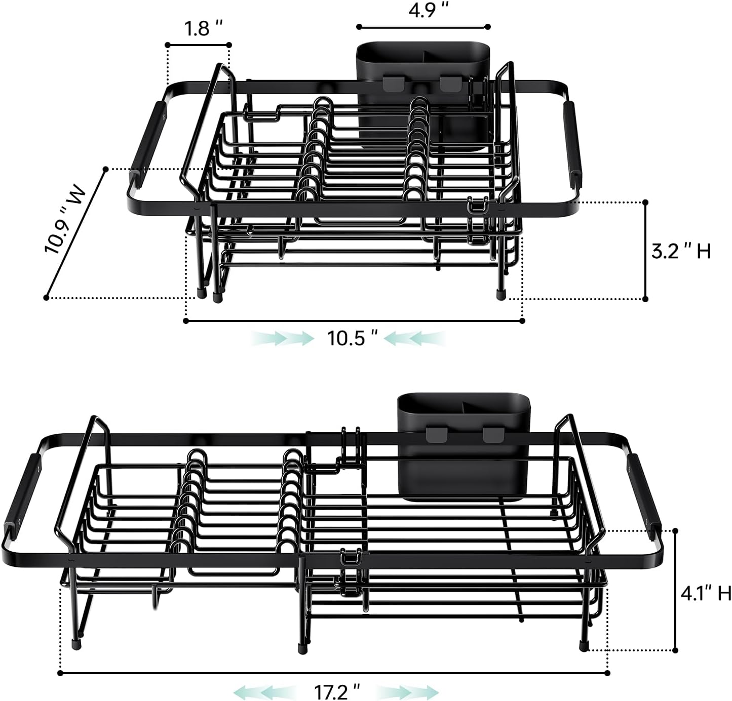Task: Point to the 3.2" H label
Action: tap(681, 251)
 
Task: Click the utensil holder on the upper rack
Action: tap(423, 94)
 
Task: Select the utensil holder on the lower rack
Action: tap(464, 445)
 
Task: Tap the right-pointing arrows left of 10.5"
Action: tap(282, 338)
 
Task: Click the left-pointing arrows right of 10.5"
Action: tap(414, 338)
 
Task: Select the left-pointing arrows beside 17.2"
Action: tap(264, 691)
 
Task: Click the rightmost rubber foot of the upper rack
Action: tap(500, 294)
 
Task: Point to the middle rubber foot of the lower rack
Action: tap(302, 646)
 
